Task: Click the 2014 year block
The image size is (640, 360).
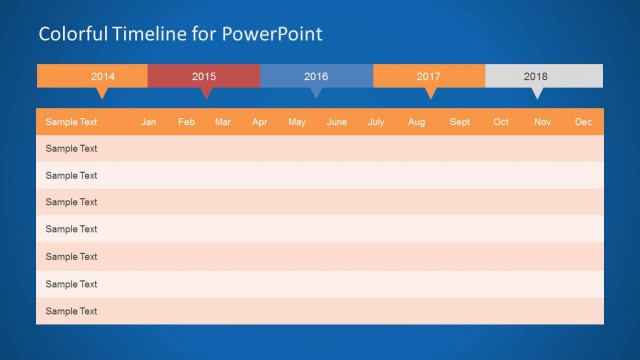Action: coord(102,76)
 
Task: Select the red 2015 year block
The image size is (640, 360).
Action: coord(204,76)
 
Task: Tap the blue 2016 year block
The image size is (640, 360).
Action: coord(316,76)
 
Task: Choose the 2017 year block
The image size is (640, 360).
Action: coord(429,76)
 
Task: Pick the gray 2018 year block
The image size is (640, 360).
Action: coord(536,76)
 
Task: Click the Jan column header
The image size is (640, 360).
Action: coord(149,122)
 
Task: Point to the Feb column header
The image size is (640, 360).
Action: coord(186,122)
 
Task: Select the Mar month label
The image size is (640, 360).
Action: coord(223,122)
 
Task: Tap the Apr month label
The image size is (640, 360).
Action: coord(260,122)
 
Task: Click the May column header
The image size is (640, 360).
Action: coord(297,122)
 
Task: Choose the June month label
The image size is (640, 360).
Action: coord(337,122)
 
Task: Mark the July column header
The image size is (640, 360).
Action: coord(376,122)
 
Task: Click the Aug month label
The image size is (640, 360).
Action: coord(416,122)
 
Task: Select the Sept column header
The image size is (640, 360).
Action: coord(460,122)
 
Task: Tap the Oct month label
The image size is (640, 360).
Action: coord(501,122)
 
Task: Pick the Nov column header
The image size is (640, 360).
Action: coord(542,122)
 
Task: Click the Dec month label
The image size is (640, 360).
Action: coord(583,122)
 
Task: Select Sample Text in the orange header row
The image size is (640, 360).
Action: coord(71,122)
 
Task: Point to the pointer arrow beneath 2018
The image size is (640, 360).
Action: coord(537,94)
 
